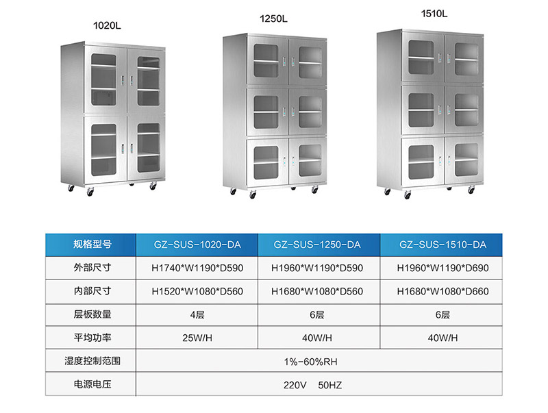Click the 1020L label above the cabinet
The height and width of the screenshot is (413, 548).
click(x=106, y=25)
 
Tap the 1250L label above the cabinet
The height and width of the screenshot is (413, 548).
click(x=273, y=20)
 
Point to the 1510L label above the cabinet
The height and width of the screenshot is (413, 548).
click(x=434, y=13)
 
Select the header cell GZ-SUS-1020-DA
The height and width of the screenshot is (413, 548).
click(x=197, y=245)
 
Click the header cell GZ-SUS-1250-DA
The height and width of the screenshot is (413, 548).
click(x=317, y=245)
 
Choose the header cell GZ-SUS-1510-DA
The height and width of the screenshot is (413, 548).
click(x=443, y=245)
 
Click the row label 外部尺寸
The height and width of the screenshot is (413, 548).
click(x=92, y=268)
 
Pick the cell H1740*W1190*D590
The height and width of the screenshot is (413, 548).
click(x=197, y=268)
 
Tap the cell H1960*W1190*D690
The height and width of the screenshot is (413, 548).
click(x=443, y=268)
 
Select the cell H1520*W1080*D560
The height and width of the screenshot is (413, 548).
click(x=197, y=291)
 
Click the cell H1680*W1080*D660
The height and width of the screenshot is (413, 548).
click(x=443, y=291)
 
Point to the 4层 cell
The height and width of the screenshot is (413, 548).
click(x=197, y=314)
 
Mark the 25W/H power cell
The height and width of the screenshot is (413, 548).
click(x=197, y=338)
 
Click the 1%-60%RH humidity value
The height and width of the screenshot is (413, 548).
click(x=317, y=360)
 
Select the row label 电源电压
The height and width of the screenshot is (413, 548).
click(x=92, y=384)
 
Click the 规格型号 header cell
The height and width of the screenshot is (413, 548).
click(x=92, y=245)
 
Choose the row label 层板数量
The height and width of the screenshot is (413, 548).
click(x=92, y=314)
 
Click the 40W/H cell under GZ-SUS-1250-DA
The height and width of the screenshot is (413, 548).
click(x=317, y=338)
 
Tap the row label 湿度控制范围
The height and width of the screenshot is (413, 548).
click(x=92, y=360)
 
